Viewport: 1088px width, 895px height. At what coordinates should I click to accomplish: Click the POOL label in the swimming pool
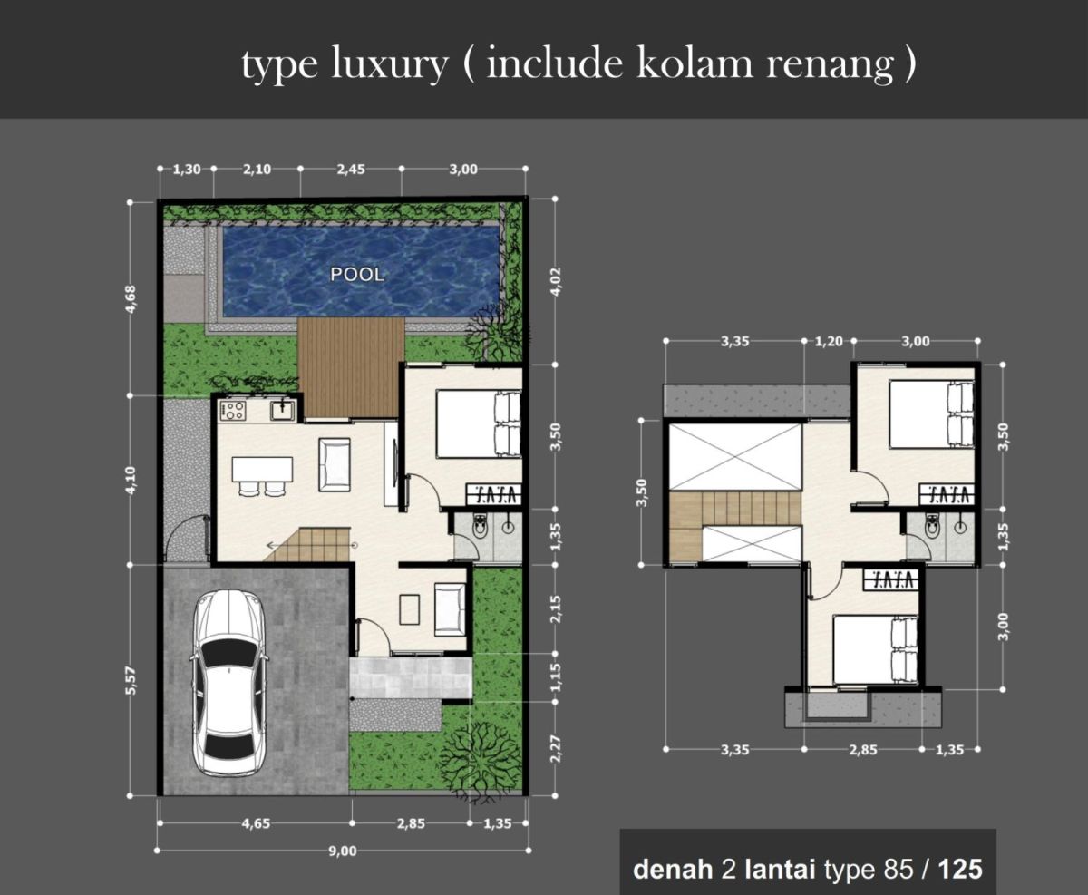pos(357,275)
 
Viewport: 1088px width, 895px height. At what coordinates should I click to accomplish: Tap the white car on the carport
pos(228,683)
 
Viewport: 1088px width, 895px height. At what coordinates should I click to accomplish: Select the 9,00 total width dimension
pos(343,851)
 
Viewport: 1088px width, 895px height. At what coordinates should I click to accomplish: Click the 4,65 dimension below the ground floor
pos(256,823)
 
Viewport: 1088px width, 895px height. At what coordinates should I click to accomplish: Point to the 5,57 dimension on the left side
pos(131,680)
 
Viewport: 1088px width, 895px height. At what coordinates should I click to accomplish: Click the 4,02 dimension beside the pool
pos(556,282)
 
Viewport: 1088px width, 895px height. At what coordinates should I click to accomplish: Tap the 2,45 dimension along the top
pos(351,170)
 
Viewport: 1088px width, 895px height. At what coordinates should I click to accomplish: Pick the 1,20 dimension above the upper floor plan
pos(829,342)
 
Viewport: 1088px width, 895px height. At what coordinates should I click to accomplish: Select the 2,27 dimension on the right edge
pos(556,749)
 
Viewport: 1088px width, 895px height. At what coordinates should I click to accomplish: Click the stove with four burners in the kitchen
pos(233,410)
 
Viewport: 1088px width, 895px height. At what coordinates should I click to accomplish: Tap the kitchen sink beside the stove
pos(282,410)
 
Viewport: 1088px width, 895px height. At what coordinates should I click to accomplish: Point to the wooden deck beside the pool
pos(351,367)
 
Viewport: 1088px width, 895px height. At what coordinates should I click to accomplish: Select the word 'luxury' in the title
pos(388,64)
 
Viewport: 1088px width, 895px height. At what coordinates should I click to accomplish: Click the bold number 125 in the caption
pos(960,870)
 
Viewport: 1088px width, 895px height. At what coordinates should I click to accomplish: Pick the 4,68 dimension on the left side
pos(131,299)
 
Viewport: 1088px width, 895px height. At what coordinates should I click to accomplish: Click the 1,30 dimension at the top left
pos(187,170)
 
